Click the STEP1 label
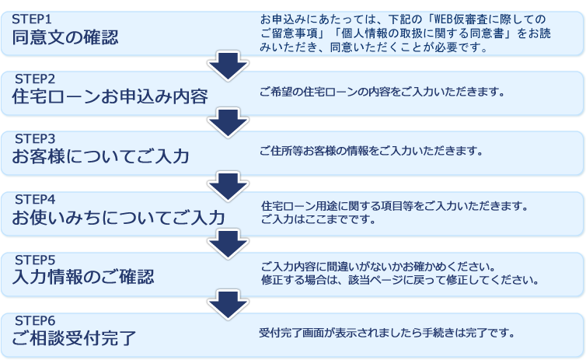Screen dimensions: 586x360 tap(31, 19)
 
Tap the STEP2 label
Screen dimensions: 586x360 tap(35, 79)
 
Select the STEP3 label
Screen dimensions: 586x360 tap(35, 138)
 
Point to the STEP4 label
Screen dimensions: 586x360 tap(35, 200)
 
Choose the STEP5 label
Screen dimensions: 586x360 tap(35, 260)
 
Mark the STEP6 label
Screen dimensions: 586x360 tap(35, 321)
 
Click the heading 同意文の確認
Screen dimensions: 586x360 tap(65, 37)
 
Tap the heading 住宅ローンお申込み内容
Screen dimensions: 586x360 tap(110, 97)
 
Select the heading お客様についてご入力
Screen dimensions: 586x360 tap(100, 156)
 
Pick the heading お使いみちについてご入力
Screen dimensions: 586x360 tap(118, 218)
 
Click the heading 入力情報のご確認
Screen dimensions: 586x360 tap(83, 277)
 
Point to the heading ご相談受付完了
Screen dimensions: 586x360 tap(74, 338)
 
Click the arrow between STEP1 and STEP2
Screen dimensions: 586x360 tap(228, 66)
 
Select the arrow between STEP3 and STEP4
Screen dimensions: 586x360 tap(228, 187)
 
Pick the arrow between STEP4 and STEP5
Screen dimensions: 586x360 tap(228, 244)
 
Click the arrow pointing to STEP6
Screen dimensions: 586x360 tap(228, 305)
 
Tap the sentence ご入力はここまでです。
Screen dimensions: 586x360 tap(318, 219)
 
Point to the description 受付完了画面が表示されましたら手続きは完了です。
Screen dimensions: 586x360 tap(387, 333)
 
